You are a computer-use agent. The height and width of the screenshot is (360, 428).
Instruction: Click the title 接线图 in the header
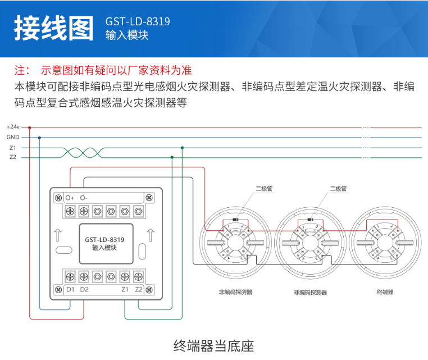(x=53, y=28)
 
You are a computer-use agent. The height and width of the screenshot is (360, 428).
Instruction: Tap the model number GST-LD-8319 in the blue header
(x=138, y=21)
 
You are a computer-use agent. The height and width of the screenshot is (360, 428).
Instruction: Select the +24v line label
(x=12, y=127)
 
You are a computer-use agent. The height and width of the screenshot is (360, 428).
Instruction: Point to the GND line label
(x=12, y=138)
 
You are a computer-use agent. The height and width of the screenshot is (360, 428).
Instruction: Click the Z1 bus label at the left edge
(x=12, y=148)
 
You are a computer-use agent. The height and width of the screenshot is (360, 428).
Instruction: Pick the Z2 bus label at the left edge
(x=12, y=157)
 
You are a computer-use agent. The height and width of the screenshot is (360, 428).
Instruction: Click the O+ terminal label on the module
(x=70, y=198)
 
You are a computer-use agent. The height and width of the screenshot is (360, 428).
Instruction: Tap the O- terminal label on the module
(x=84, y=198)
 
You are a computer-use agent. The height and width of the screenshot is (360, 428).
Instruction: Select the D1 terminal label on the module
(x=70, y=290)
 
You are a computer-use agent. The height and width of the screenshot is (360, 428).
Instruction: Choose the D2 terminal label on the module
(x=84, y=290)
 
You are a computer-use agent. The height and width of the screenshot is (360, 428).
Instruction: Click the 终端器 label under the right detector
(x=385, y=292)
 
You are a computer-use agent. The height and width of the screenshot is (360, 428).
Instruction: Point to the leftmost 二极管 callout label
(x=264, y=189)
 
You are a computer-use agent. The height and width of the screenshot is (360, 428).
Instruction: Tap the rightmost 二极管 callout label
(x=338, y=189)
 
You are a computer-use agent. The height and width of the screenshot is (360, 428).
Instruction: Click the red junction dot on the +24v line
(x=29, y=127)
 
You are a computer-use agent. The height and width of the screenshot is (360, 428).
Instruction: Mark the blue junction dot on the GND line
(x=39, y=138)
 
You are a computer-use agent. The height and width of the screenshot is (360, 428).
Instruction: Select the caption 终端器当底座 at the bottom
(x=214, y=345)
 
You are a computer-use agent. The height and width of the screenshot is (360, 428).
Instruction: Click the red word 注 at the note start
(x=21, y=71)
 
